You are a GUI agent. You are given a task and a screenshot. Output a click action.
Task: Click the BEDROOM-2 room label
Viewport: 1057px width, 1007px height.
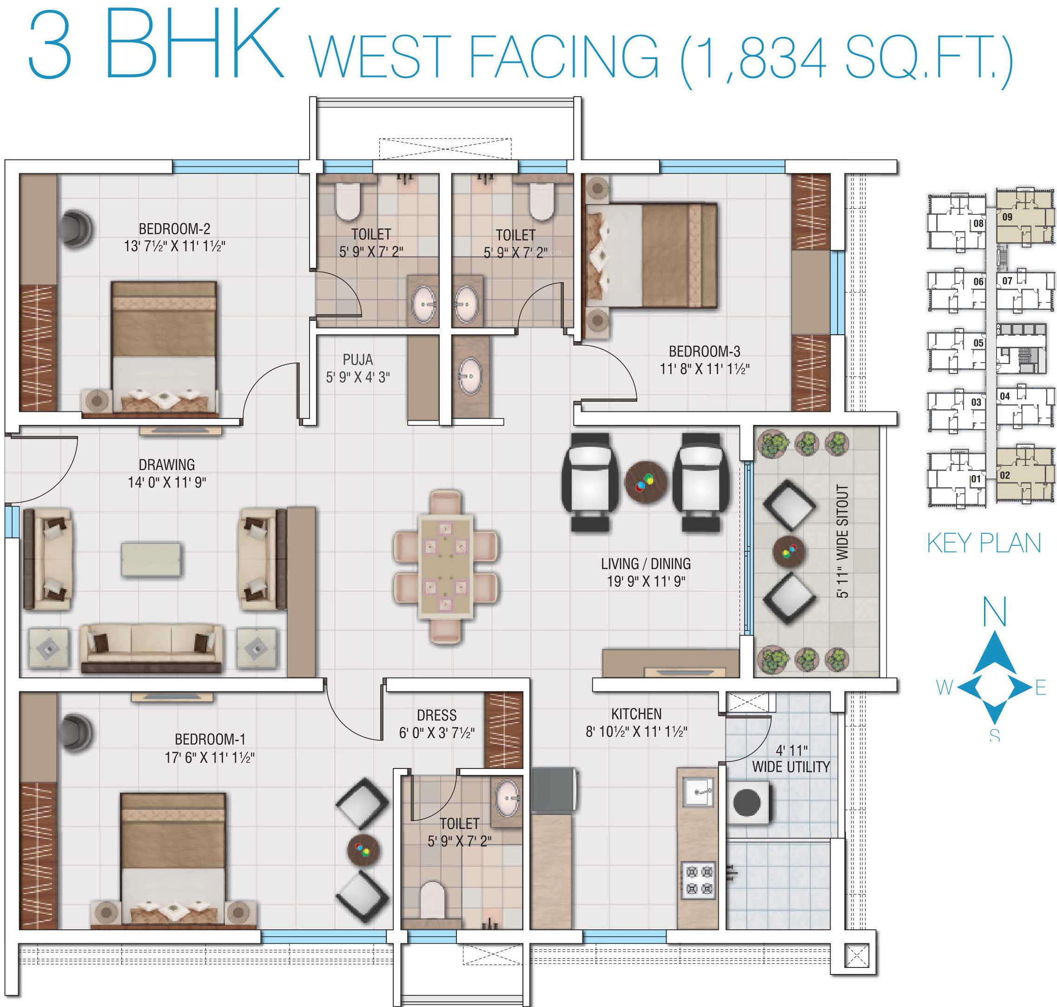click(174, 229)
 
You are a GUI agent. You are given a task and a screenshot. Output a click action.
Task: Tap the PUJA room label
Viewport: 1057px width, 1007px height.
click(357, 360)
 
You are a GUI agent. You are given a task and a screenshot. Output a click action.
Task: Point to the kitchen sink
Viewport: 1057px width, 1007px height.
click(698, 792)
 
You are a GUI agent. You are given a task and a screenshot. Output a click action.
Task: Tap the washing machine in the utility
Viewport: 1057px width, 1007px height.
click(748, 802)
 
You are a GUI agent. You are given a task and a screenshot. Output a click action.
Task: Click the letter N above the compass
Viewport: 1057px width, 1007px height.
click(994, 612)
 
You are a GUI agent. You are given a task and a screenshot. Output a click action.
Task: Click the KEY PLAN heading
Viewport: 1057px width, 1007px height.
click(984, 543)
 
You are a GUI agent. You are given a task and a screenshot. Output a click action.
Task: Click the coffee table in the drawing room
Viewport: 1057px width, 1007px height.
click(152, 560)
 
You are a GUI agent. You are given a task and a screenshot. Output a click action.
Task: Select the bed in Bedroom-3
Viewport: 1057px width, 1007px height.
click(652, 256)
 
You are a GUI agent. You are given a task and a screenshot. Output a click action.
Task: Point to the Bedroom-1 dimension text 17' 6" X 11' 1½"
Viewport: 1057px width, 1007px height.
click(209, 757)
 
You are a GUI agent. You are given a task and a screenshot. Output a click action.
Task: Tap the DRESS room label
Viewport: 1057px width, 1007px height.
click(437, 715)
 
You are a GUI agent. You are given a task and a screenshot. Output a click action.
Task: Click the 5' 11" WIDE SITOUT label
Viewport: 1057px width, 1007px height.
click(842, 541)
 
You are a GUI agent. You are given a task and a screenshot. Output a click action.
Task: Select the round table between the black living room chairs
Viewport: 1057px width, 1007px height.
click(646, 482)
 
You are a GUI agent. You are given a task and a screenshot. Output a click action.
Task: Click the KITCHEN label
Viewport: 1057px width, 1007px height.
click(636, 714)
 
